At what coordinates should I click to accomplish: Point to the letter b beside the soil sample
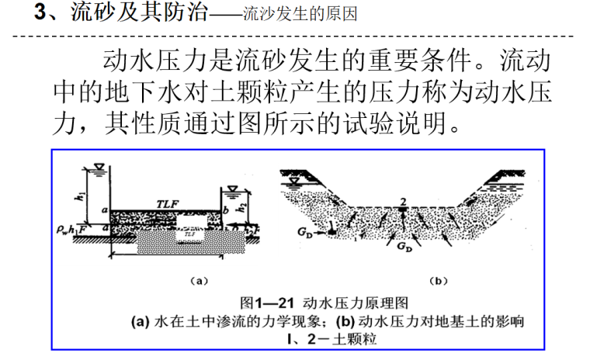[x=223, y=211]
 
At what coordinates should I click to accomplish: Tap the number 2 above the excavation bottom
[x=403, y=203]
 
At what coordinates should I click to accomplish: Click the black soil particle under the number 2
[x=403, y=213]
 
